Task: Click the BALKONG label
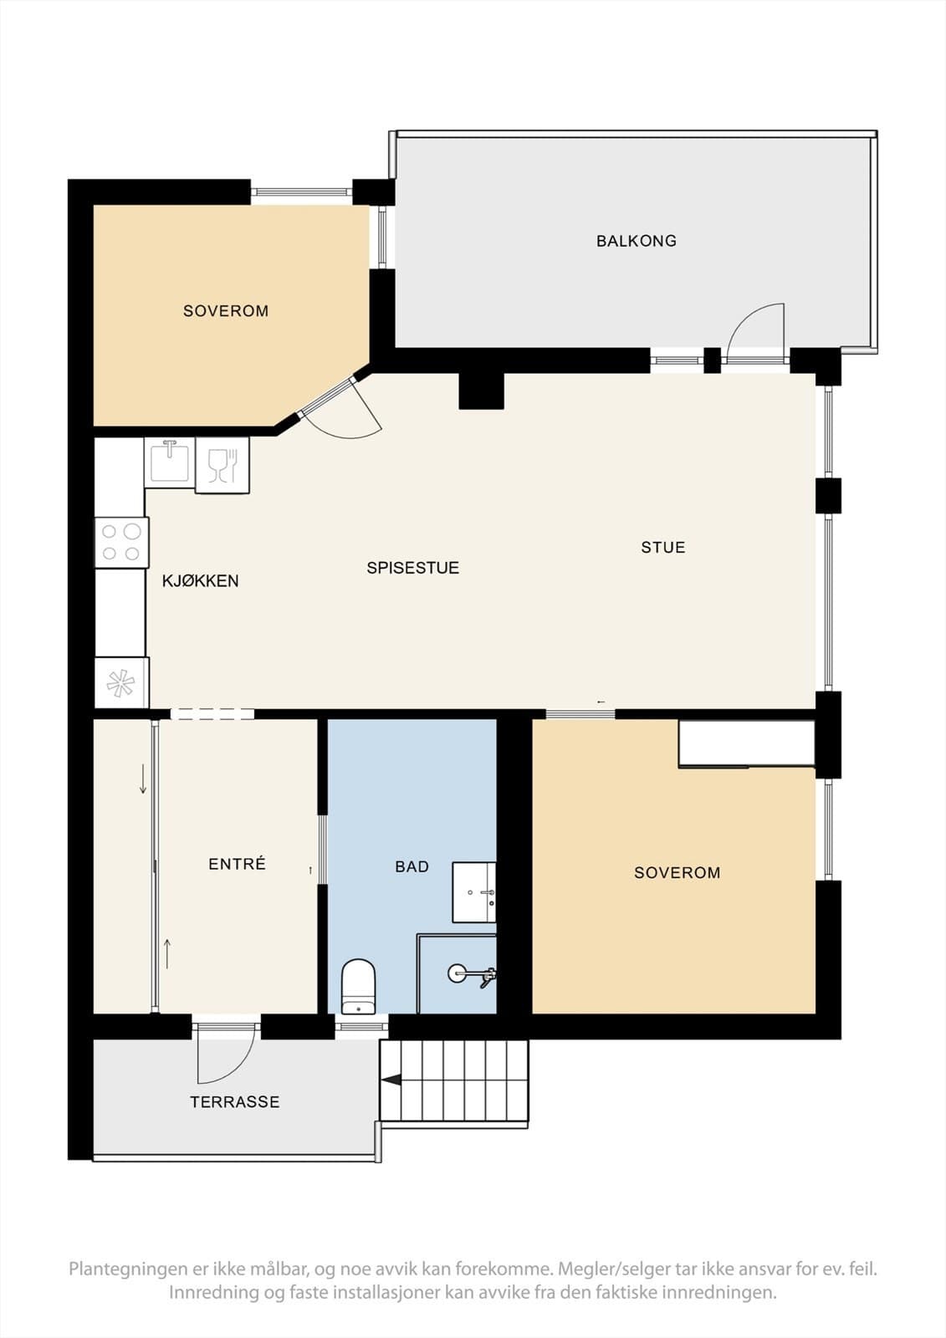pos(637,241)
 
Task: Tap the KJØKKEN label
pos(200,580)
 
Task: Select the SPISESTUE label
pos(413,568)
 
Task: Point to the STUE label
pos(662,547)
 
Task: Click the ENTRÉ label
pos(237,863)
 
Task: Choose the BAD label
pos(412,866)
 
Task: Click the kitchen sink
pos(170,461)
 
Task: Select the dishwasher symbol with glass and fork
pos(222,465)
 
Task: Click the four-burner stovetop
pos(121,543)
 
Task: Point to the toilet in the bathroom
pos(358,986)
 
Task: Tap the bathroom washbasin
pos(474,892)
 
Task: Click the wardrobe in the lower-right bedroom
pos(746,743)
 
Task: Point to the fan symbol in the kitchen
pos(120,682)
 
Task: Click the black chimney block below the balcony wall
pos(481,391)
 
